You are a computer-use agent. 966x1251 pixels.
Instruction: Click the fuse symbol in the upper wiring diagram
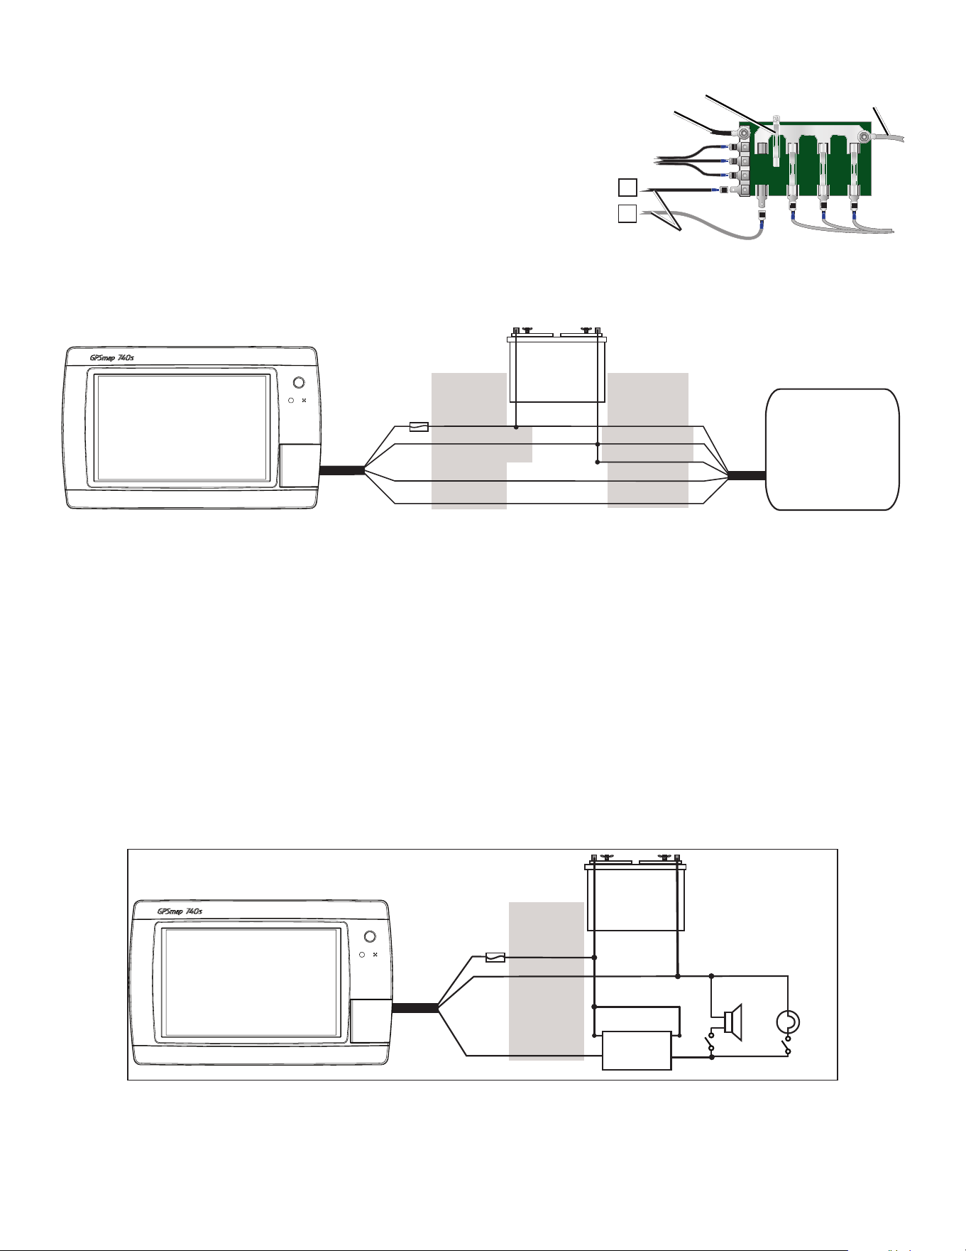pos(419,427)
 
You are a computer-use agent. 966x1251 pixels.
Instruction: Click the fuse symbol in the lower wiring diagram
pos(495,957)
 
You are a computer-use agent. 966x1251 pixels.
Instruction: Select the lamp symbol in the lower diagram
pos(788,1022)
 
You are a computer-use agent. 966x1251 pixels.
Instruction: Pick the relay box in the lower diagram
pos(636,1050)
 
